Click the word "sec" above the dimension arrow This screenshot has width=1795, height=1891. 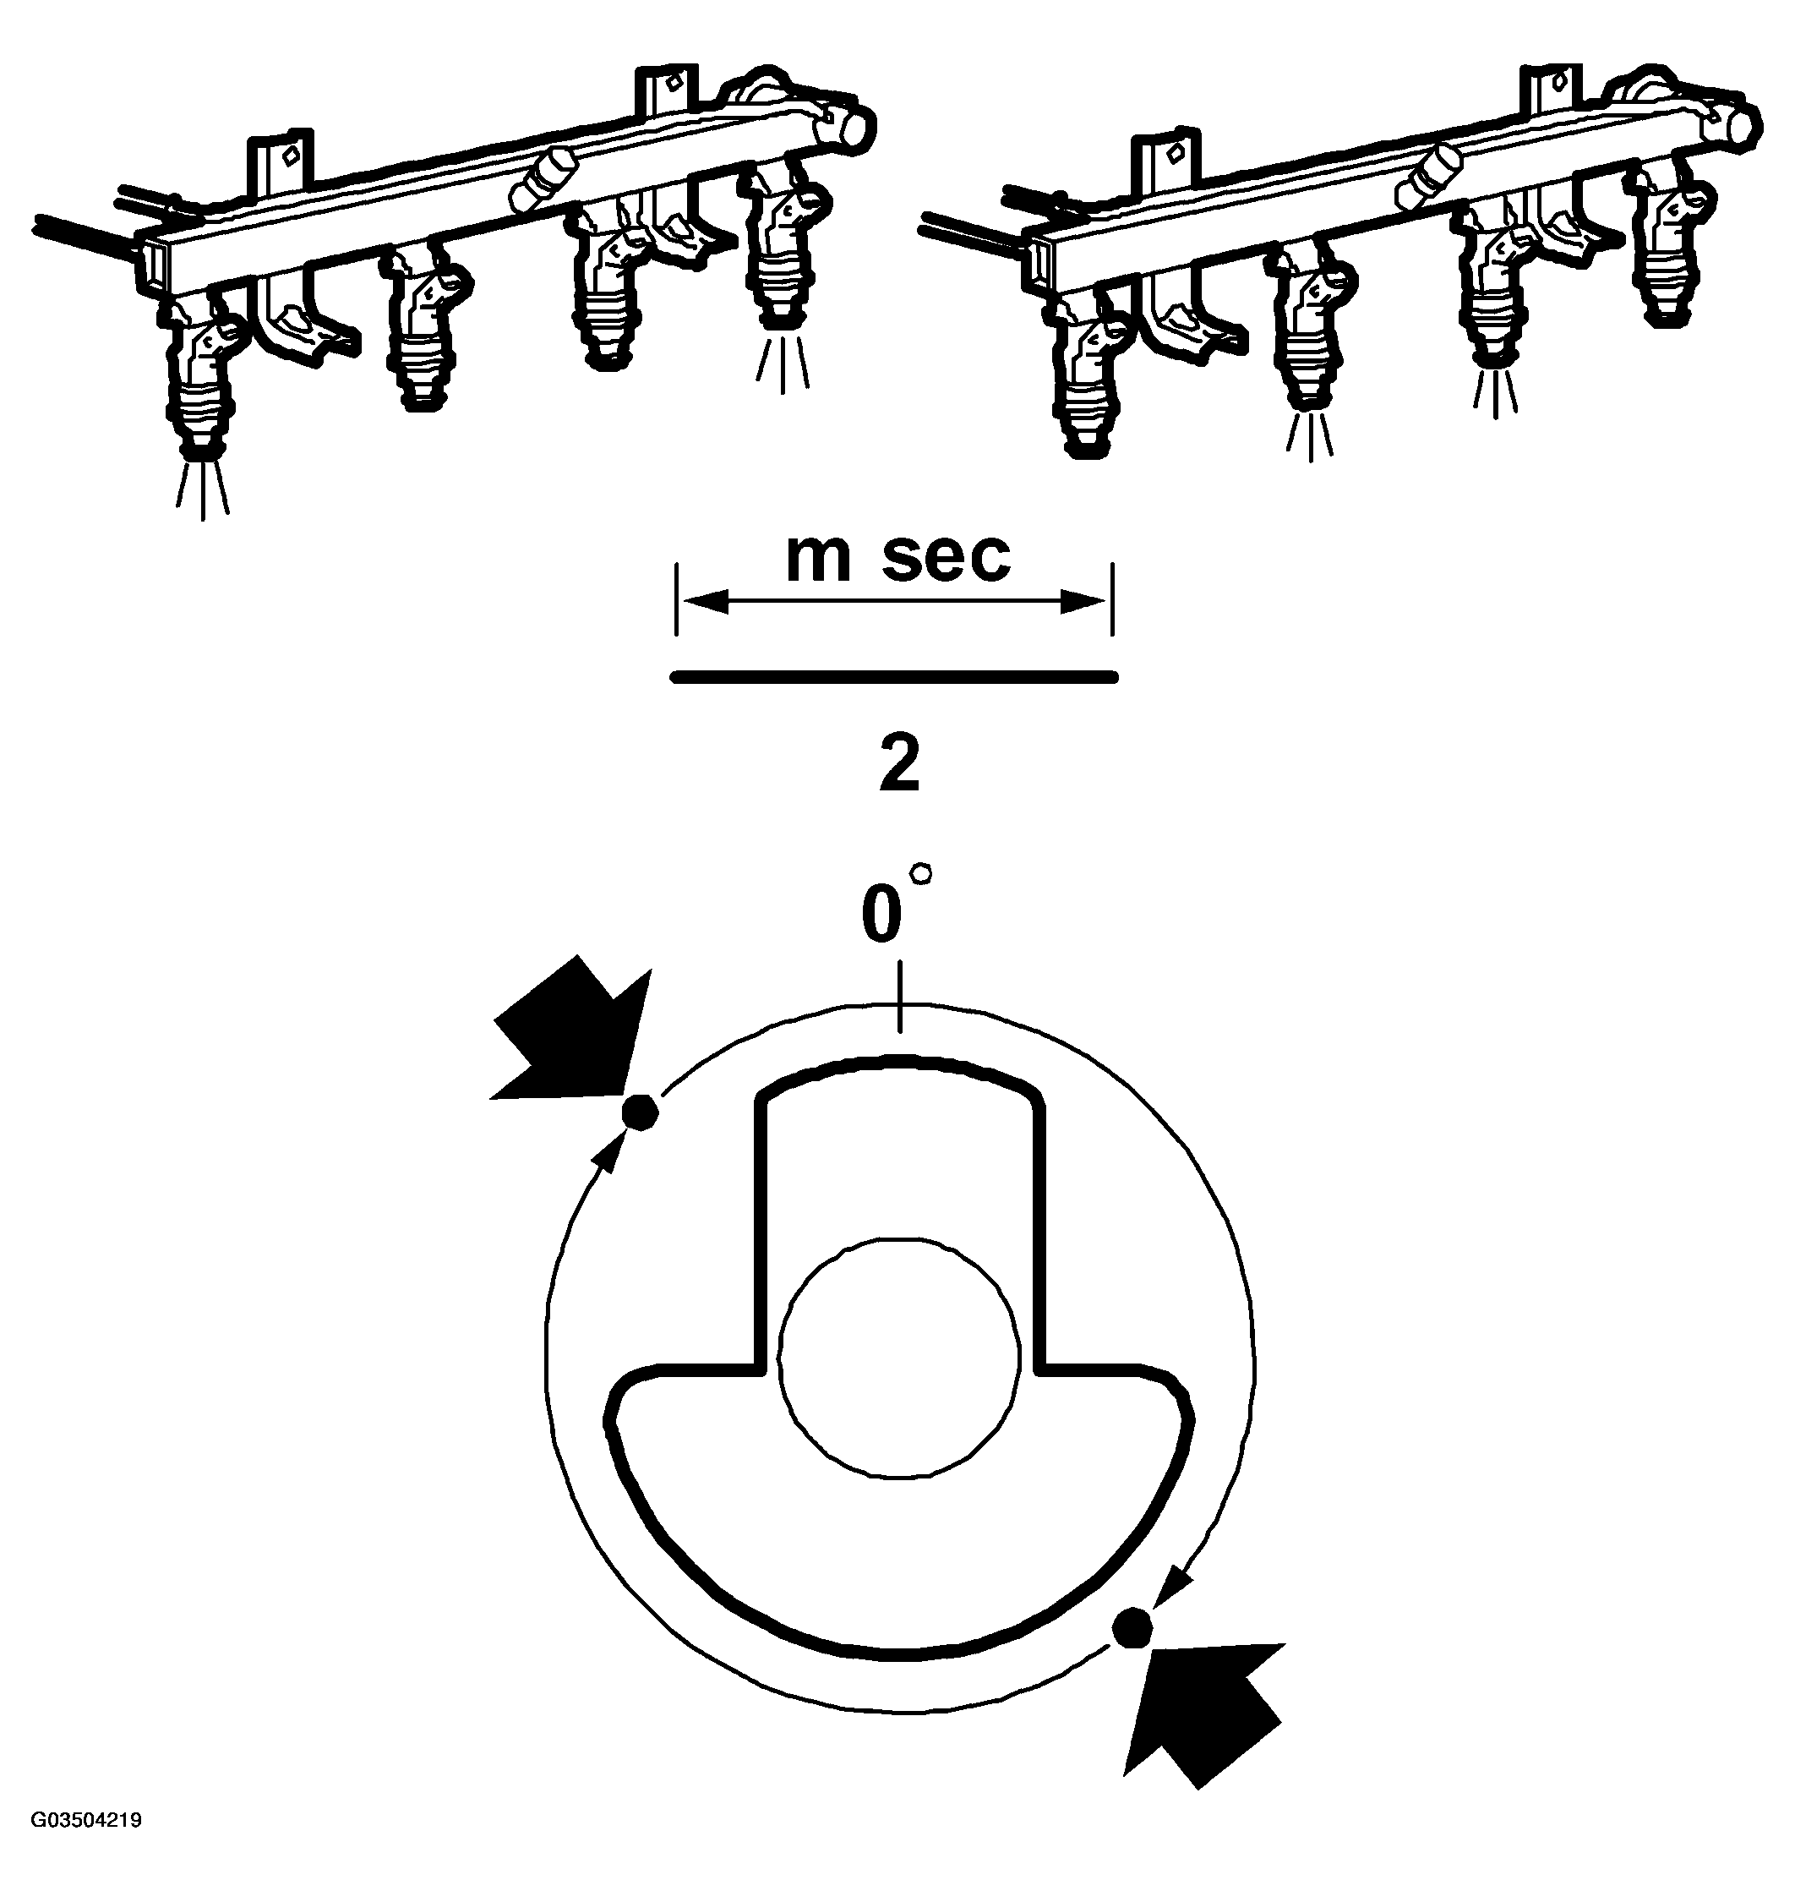[x=946, y=557]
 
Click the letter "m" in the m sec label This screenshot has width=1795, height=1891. [x=818, y=559]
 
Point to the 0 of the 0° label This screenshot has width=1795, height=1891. [x=881, y=915]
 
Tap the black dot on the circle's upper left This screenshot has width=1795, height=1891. [x=638, y=1112]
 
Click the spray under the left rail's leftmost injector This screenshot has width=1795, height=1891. [x=203, y=488]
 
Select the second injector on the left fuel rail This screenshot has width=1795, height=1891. [x=422, y=331]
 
